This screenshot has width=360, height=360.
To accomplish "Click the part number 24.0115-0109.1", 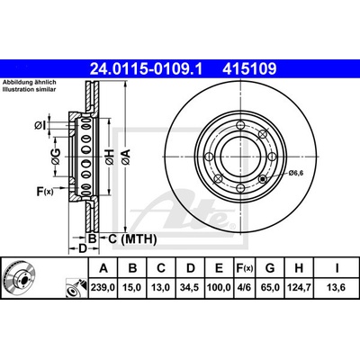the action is (147, 68).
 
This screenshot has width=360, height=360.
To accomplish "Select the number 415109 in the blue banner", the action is (249, 68).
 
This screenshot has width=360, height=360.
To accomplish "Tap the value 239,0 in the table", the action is (103, 287).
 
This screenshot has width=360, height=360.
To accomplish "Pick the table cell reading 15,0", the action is (131, 287).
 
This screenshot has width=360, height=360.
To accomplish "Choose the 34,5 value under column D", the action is (191, 287).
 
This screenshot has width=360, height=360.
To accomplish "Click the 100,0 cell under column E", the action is (219, 287).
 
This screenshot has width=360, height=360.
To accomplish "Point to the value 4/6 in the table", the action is (244, 287).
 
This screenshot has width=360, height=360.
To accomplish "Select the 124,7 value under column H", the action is (299, 287).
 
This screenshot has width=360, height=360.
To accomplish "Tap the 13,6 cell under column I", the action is (337, 287).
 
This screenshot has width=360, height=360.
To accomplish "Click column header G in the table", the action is (270, 268).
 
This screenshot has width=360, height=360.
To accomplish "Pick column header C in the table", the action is (161, 268).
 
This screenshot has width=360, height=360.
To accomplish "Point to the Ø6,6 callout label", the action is (296, 173).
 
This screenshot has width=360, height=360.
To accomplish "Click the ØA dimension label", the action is (126, 157).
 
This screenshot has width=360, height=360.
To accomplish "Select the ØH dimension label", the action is (109, 157).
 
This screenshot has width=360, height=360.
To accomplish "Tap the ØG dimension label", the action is (56, 157).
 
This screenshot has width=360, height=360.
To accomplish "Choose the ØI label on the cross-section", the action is (40, 125).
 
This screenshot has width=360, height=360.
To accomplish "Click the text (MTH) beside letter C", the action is (139, 239).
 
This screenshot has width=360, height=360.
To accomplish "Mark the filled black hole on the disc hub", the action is (263, 179).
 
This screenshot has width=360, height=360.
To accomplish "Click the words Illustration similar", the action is (30, 89).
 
